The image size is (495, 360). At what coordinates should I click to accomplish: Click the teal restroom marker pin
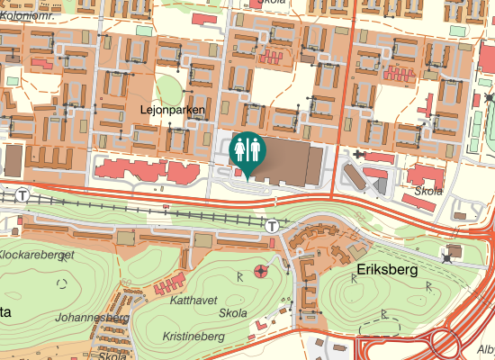pyautogui.click(x=247, y=150)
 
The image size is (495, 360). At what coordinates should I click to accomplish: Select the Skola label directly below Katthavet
pyautogui.click(x=233, y=314)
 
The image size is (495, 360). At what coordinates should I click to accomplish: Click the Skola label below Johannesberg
pyautogui.click(x=112, y=355)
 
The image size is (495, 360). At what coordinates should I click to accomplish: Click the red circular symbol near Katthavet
pyautogui.click(x=261, y=270)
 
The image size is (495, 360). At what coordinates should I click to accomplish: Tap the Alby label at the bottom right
pyautogui.click(x=485, y=349)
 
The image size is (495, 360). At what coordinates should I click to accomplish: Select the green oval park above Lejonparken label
pyautogui.click(x=166, y=88)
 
